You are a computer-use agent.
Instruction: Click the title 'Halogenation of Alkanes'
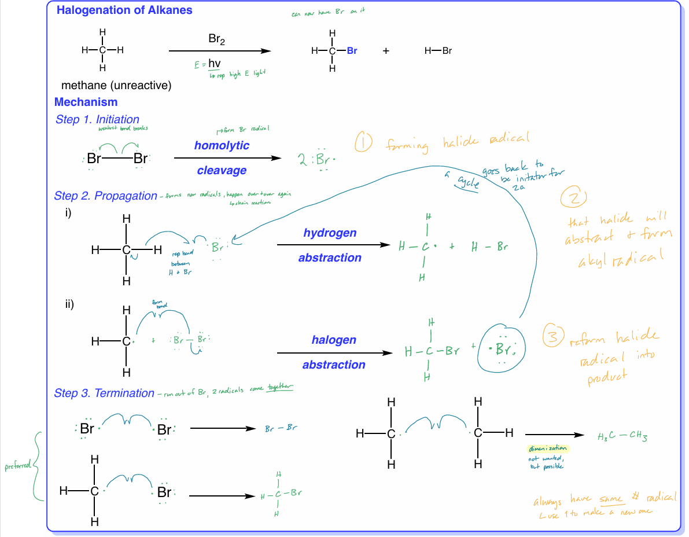pyautogui.click(x=124, y=10)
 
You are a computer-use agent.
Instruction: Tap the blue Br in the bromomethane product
pyautogui.click(x=352, y=51)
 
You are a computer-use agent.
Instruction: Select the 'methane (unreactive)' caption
pyautogui.click(x=116, y=86)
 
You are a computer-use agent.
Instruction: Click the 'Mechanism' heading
pyautogui.click(x=86, y=102)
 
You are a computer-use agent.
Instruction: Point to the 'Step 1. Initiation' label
pyautogui.click(x=97, y=120)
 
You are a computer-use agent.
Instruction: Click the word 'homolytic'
pyautogui.click(x=222, y=145)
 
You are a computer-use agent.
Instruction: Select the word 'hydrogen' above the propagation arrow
pyautogui.click(x=330, y=233)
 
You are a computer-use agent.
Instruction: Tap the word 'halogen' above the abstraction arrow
pyautogui.click(x=334, y=340)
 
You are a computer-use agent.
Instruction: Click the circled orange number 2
pyautogui.click(x=573, y=198)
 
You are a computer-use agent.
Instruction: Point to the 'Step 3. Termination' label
pyautogui.click(x=104, y=393)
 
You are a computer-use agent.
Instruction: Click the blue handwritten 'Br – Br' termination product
pyautogui.click(x=281, y=429)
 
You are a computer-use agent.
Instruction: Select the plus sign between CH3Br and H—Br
pyautogui.click(x=386, y=51)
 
